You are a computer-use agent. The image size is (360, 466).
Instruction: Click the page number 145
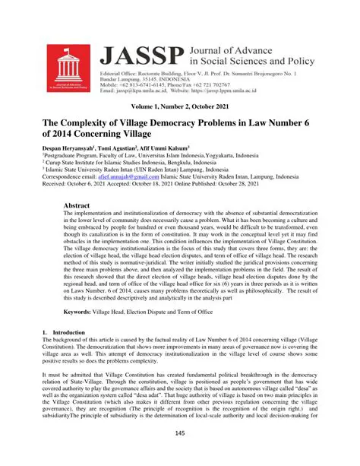179,454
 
